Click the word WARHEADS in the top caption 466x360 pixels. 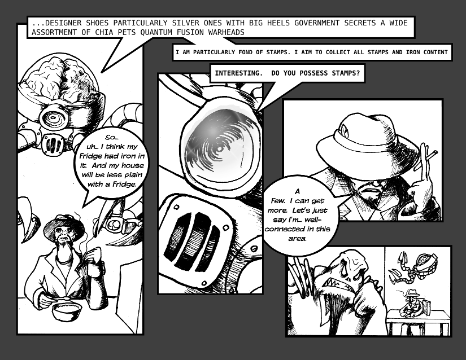pyautogui.click(x=226, y=32)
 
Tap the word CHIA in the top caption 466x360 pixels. pyautogui.click(x=104, y=32)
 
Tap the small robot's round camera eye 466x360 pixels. pyautogui.click(x=54, y=117)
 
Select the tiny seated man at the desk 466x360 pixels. pyautogui.click(x=410, y=302)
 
